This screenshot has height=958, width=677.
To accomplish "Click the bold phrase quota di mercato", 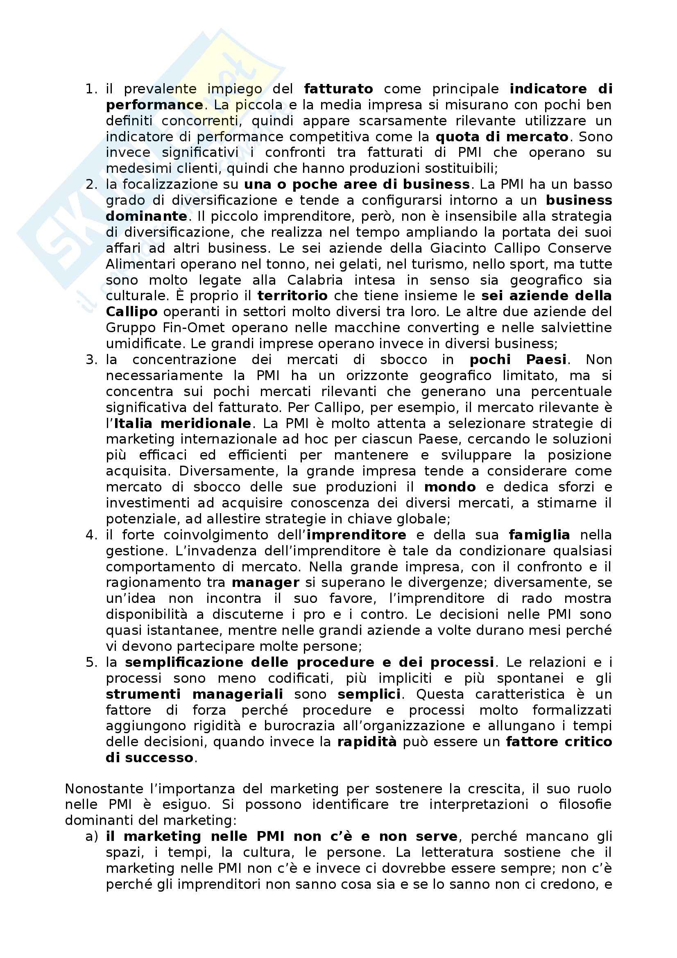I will click(x=502, y=136).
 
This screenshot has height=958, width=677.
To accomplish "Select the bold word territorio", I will click(x=292, y=296).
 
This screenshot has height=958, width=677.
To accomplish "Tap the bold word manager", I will click(x=266, y=582).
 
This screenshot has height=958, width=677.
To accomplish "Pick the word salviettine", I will click(x=577, y=328).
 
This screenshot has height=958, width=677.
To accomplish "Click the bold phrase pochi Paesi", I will click(x=518, y=359).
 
